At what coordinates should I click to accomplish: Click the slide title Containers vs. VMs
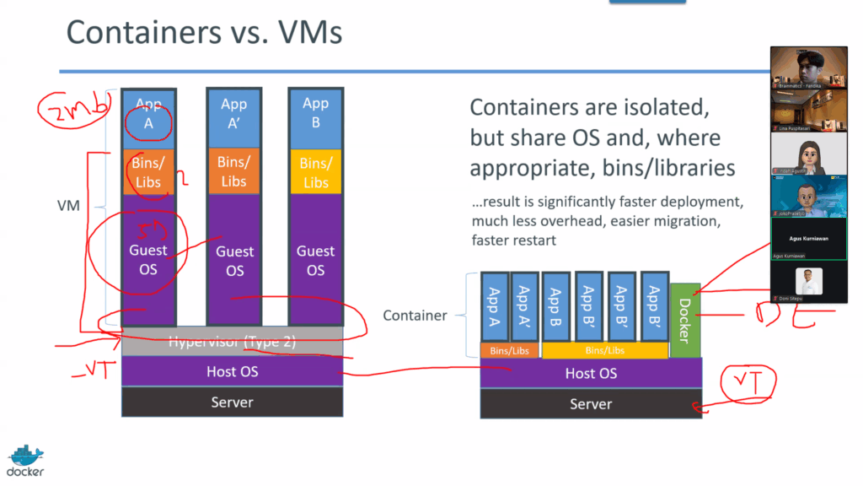(204, 33)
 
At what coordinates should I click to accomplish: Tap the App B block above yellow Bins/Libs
(315, 112)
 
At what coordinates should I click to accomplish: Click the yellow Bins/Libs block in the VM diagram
(315, 172)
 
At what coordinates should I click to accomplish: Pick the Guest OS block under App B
(315, 260)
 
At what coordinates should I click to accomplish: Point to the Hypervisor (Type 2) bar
(232, 343)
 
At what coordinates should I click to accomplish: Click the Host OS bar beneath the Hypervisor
(232, 371)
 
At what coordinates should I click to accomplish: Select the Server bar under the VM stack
(232, 402)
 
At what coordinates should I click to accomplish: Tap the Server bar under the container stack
(591, 404)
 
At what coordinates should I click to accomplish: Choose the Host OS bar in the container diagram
(591, 373)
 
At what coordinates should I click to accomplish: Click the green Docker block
(684, 321)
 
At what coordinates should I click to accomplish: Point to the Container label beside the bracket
(415, 316)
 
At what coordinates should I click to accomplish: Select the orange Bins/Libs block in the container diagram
(509, 350)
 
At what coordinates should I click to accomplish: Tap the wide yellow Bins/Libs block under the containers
(604, 350)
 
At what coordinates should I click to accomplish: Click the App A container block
(495, 306)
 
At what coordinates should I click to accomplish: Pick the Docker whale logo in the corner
(26, 460)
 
